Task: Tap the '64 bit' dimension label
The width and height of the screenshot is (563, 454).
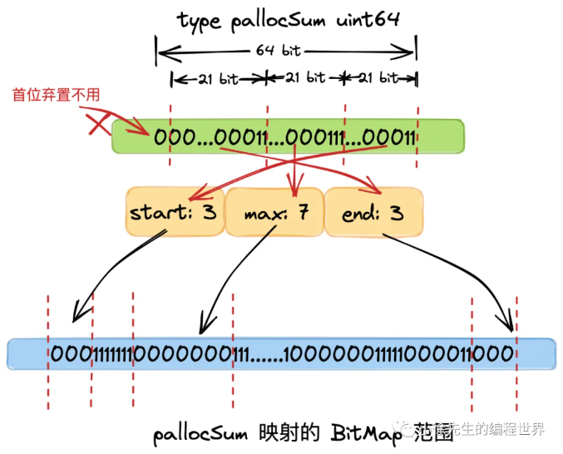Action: (278, 51)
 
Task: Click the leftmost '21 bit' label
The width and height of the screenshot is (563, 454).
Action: (218, 79)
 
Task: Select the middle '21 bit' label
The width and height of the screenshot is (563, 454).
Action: (305, 78)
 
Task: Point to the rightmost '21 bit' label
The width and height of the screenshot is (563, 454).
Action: (379, 78)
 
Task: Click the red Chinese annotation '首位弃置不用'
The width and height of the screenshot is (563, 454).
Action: (56, 95)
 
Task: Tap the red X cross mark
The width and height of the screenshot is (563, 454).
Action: (100, 126)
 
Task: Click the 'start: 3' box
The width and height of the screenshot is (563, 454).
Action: (173, 212)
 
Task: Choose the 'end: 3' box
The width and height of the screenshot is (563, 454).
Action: (372, 214)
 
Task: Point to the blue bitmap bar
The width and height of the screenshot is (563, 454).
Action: (280, 354)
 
